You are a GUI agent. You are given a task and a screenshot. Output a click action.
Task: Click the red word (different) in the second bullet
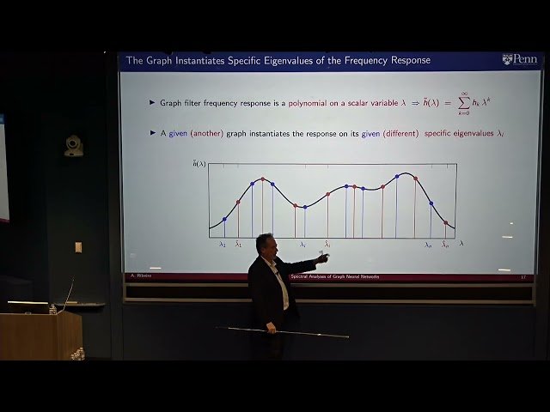pos(395,133)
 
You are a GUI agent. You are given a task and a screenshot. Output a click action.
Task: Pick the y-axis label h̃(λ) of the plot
pos(199,164)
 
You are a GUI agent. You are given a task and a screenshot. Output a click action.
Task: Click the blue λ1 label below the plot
pos(223,245)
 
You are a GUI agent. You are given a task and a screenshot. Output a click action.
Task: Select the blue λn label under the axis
pos(429,245)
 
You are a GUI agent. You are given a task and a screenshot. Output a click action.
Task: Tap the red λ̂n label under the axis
pos(445,245)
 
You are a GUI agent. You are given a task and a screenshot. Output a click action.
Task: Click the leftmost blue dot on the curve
pos(224,220)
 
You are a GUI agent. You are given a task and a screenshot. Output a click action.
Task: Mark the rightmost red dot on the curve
pos(445,223)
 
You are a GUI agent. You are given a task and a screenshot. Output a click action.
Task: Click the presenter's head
pos(265,244)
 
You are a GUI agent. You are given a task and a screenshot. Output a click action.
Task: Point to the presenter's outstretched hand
pos(324,256)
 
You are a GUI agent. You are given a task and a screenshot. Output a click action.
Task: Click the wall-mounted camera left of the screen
pos(74,145)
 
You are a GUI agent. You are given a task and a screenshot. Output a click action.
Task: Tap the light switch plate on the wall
pos(77,247)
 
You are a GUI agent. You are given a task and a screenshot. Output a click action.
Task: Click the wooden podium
pos(40,335)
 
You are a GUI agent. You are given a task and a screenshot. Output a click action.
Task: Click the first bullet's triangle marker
pos(152,102)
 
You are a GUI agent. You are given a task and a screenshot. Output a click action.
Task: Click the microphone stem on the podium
pos(68,292)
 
